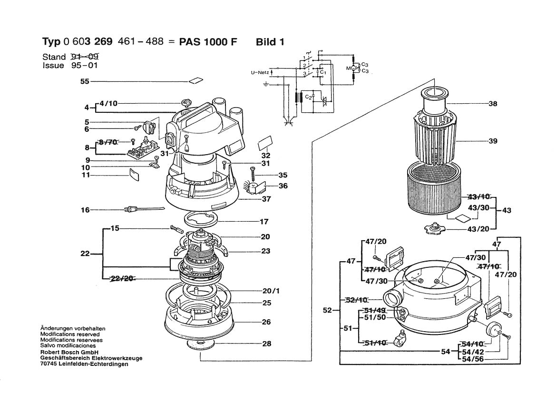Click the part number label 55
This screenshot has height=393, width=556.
(85, 82)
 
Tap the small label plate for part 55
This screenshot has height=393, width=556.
(195, 81)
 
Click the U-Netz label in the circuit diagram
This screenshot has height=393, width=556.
(260, 73)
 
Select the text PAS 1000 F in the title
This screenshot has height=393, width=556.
(207, 42)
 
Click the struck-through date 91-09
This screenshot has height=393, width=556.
(84, 57)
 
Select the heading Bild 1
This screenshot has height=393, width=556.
(270, 42)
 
